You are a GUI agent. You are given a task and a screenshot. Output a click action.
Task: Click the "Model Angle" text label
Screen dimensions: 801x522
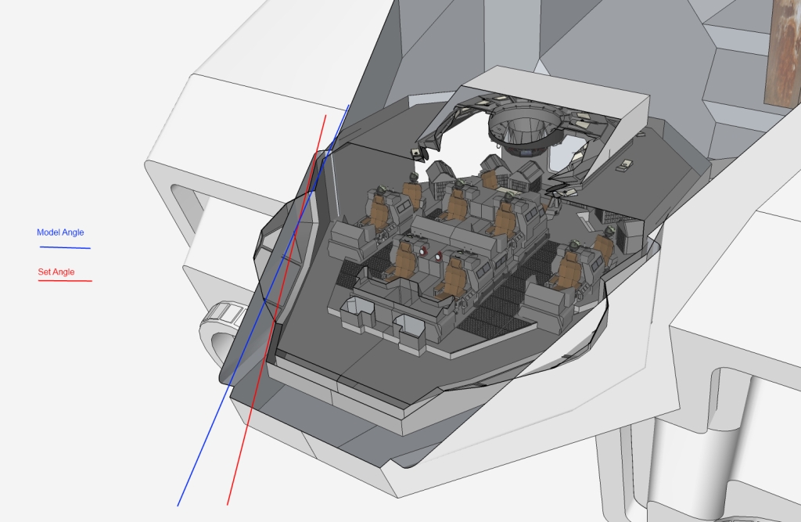click(60, 232)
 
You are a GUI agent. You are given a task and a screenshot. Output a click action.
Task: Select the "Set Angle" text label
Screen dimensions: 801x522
click(56, 272)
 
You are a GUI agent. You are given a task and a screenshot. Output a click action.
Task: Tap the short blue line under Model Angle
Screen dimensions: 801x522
click(66, 248)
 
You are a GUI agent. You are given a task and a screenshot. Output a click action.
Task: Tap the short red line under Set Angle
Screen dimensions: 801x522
click(66, 281)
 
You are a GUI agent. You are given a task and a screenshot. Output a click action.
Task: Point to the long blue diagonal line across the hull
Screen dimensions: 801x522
click(263, 306)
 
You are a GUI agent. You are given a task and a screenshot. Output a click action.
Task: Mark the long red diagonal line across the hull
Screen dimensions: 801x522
click(276, 311)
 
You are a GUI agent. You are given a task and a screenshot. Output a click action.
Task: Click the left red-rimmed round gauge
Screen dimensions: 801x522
click(423, 251)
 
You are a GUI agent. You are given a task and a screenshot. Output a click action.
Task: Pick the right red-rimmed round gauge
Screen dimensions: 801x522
click(438, 256)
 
